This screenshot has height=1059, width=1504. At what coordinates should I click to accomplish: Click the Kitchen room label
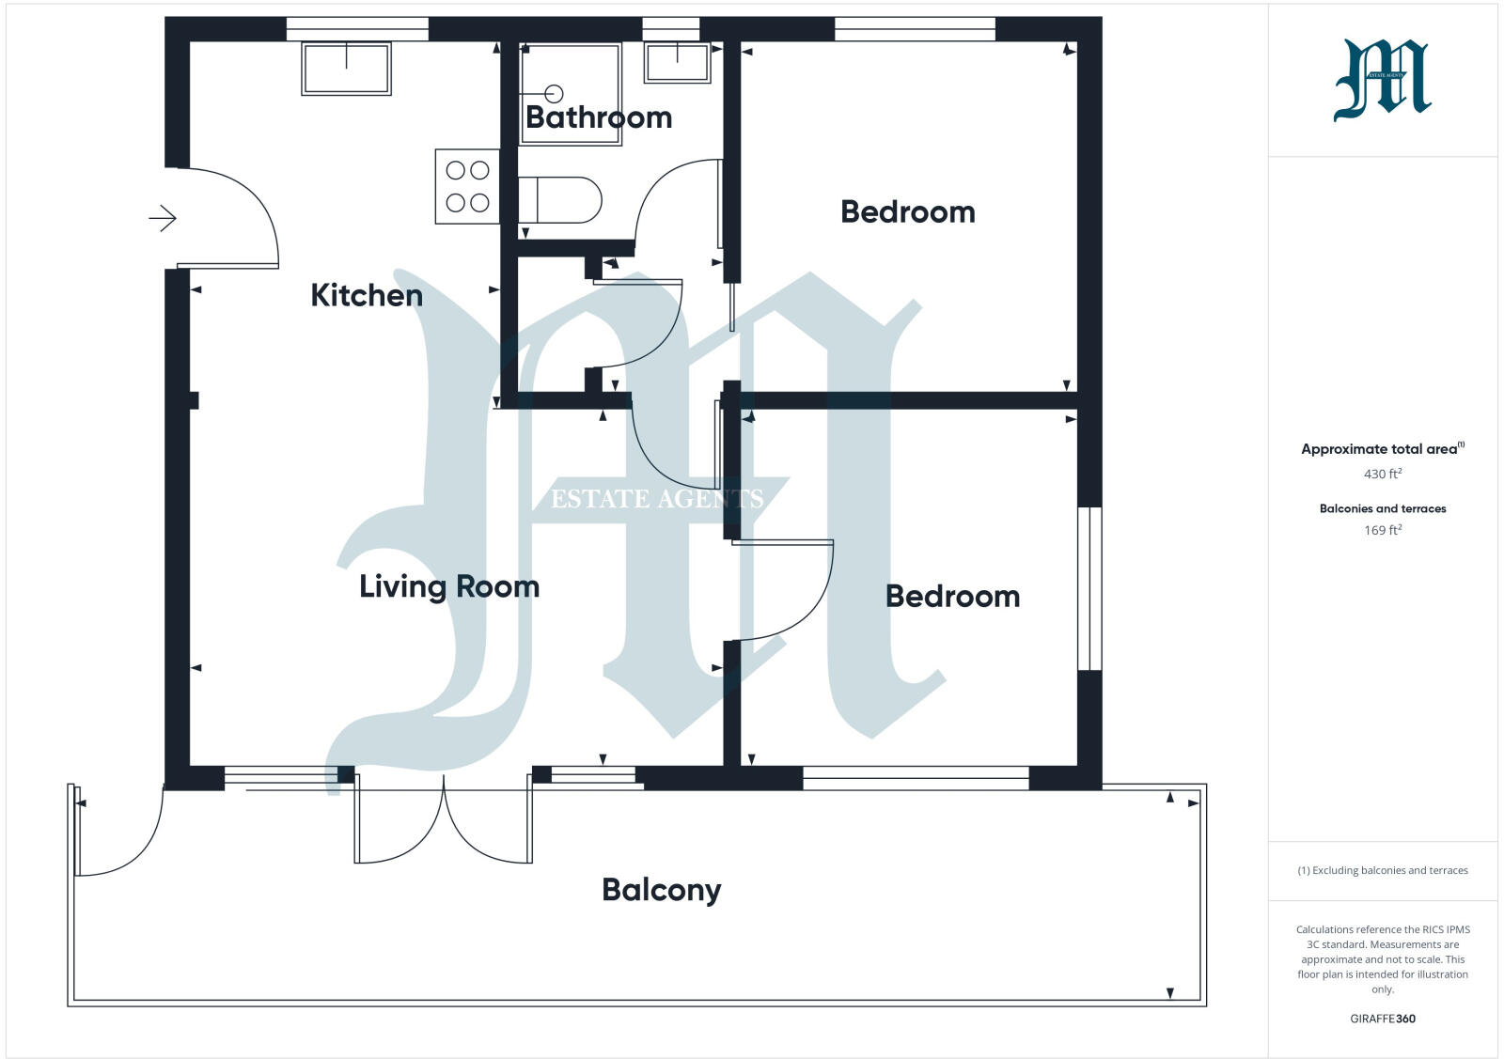(367, 295)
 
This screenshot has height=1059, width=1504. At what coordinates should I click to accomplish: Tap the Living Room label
(449, 586)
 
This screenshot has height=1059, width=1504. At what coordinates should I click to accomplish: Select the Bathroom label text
(598, 117)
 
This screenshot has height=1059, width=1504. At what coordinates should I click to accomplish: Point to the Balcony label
(661, 889)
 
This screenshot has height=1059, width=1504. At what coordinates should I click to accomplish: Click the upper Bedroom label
(907, 211)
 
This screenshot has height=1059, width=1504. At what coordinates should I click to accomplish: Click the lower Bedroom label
(952, 596)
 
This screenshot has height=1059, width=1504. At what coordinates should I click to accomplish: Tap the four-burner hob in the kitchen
(467, 186)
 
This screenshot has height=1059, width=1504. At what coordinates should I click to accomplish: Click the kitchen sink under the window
(346, 69)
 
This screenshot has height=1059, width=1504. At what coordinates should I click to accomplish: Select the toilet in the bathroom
(559, 199)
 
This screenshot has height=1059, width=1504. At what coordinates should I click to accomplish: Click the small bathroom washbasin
(677, 62)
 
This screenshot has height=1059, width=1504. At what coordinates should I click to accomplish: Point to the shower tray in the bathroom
(571, 93)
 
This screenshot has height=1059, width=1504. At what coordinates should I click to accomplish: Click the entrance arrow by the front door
(163, 219)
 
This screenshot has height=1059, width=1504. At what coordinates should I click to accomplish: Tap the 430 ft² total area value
(1382, 474)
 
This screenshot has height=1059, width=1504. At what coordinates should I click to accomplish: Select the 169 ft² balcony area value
(1382, 530)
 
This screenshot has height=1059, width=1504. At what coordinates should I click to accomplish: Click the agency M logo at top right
(1382, 80)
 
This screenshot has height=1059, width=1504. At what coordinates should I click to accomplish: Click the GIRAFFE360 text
(1382, 1019)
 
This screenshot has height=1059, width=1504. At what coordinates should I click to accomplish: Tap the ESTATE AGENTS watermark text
(656, 499)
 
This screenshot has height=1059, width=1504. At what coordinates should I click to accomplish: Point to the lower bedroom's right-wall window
(1089, 588)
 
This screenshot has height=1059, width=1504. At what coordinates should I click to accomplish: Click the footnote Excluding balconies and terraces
(1382, 870)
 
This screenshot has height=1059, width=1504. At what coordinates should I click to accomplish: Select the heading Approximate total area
(1378, 449)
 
